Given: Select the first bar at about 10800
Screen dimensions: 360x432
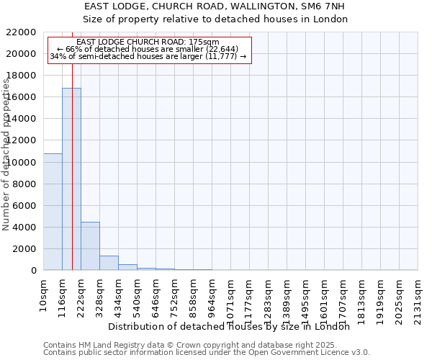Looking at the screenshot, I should [x=53, y=212].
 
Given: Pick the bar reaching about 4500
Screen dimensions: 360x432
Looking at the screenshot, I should [x=90, y=246].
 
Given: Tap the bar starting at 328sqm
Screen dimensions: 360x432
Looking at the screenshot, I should [x=109, y=263].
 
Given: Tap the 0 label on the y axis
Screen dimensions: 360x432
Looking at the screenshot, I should [x=33, y=270].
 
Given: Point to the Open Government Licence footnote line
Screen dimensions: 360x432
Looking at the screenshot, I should [x=207, y=352].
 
